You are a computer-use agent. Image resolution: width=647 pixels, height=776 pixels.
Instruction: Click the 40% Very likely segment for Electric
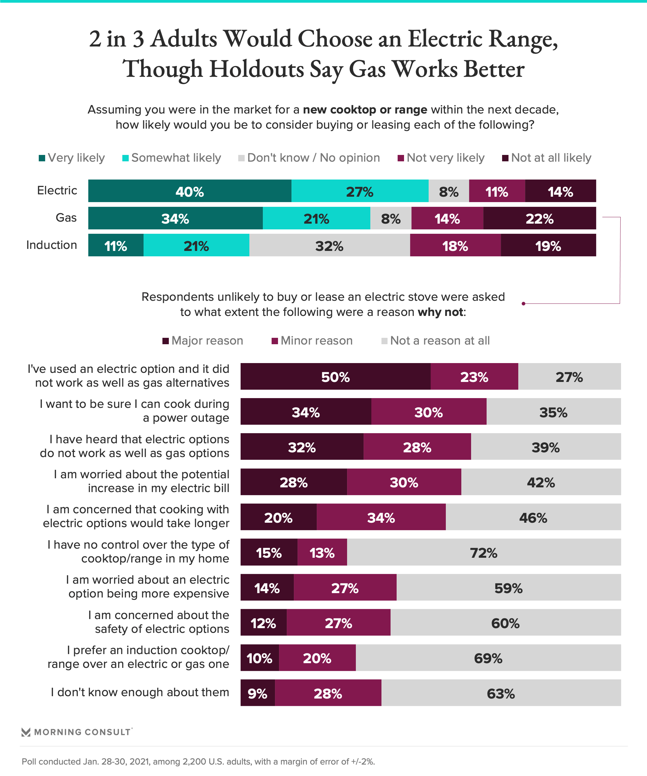tap(189, 191)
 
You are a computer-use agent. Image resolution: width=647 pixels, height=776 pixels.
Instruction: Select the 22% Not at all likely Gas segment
tap(540, 218)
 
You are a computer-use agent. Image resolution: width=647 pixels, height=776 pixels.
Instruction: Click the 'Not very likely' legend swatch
tap(400, 158)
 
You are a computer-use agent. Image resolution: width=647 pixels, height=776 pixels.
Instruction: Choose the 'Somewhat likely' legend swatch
tap(125, 158)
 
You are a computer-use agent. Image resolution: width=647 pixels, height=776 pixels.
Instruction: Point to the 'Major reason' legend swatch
tap(166, 341)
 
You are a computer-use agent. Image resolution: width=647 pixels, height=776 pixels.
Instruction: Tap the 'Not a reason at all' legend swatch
tap(384, 341)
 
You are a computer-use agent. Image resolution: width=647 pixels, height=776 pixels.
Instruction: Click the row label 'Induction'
tap(52, 245)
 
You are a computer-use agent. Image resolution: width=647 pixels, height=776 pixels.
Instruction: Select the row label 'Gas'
tap(66, 218)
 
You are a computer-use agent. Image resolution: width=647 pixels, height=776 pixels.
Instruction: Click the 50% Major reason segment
tap(335, 376)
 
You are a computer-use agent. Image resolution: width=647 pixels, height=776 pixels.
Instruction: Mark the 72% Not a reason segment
tap(484, 552)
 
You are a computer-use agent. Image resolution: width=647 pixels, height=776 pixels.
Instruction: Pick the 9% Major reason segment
tap(257, 692)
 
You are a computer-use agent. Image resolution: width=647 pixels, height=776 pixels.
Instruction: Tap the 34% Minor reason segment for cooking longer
tap(381, 517)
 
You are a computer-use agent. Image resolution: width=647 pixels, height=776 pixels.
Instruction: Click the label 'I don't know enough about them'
tap(140, 692)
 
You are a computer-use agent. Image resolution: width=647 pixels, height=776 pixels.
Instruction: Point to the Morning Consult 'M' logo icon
tap(26, 732)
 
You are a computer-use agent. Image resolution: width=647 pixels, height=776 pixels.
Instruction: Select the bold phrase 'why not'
tap(440, 312)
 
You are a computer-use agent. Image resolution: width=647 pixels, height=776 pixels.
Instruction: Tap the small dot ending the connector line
tap(523, 304)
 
